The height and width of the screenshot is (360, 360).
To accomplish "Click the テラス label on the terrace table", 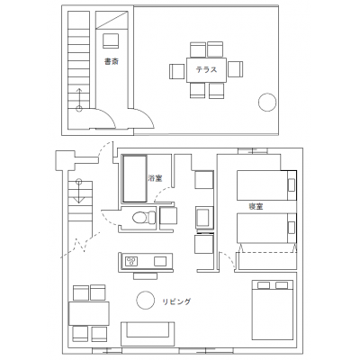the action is [206, 70].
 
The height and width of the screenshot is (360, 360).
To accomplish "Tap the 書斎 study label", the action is [112, 62].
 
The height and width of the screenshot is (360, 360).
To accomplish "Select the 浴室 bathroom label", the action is [155, 178].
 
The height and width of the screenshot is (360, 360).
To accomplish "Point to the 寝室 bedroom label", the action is [256, 207].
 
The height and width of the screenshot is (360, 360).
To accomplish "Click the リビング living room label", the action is [176, 301].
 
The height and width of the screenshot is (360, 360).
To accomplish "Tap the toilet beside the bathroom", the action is [144, 217].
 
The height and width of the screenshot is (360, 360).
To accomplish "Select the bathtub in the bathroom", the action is [135, 179].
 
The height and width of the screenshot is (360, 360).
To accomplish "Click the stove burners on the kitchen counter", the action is [131, 261].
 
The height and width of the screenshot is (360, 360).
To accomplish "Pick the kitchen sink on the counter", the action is [160, 261].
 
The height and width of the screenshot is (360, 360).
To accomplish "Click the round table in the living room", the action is [146, 300].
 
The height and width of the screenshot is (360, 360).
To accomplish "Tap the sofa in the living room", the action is [148, 334].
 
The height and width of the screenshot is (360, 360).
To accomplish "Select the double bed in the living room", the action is [273, 310].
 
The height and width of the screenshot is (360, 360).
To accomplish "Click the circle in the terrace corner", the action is [267, 103].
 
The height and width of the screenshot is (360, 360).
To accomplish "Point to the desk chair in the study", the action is [111, 40].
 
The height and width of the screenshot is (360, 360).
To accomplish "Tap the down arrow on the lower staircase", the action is [78, 191].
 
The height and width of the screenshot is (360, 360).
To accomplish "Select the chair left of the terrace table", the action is [177, 71].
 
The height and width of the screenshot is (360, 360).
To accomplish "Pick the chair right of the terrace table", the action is [235, 69].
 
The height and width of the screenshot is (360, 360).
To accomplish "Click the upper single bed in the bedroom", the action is [266, 185].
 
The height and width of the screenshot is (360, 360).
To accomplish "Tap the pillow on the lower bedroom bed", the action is [292, 228].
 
